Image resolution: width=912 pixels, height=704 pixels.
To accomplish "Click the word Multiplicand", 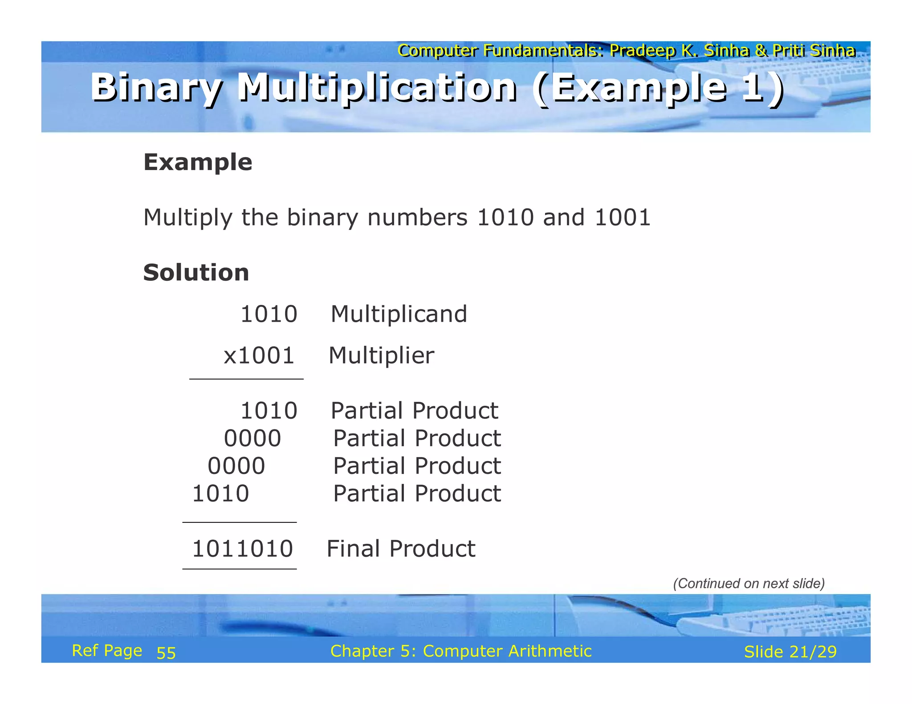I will pos(399,314).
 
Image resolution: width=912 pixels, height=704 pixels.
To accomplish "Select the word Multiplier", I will pos(381,356).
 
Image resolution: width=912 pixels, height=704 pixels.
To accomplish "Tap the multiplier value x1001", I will pos(259,356).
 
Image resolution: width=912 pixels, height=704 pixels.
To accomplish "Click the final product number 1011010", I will pos(242,549).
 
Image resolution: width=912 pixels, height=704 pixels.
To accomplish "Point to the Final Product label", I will pos(401,549).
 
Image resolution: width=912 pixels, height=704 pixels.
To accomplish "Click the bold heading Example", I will pos(198,162).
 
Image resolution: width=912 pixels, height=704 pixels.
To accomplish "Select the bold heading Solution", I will pos(196,272).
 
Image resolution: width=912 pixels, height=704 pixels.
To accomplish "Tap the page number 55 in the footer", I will pos(166,653).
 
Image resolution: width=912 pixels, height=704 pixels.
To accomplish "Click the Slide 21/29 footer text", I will pos(790,652).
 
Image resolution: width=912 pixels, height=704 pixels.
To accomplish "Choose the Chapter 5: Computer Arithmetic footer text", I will pos(461,651).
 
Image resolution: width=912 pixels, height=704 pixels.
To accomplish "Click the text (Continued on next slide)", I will pos(749,583).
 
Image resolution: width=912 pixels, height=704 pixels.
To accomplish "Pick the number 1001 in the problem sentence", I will pos(623,218).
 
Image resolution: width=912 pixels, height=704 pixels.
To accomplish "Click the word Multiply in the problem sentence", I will pos(187,218).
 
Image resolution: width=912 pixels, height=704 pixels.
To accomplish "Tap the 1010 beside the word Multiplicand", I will pos(269,314).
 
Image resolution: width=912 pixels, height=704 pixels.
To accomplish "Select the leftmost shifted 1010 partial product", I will pos(220,494).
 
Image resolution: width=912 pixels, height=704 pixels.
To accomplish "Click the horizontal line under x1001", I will pos(246,379).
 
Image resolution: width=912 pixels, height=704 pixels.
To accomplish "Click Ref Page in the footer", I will pos(107,651).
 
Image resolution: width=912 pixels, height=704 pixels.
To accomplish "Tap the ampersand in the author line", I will pos(761,51).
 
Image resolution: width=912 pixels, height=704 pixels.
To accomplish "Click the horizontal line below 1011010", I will pos(240,569).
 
